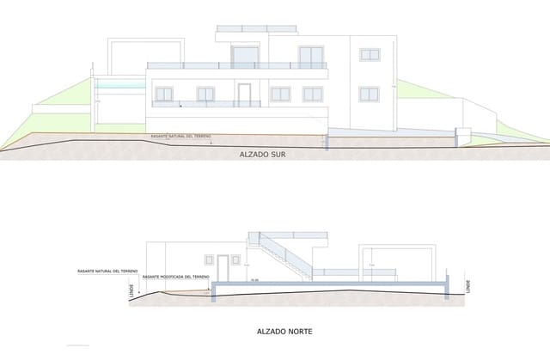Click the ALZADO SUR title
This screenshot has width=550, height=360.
click(x=262, y=156)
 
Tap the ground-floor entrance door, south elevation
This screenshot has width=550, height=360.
click(x=244, y=95)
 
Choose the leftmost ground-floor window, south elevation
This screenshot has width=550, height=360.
click(x=163, y=93)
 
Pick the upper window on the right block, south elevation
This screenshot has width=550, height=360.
click(x=370, y=55)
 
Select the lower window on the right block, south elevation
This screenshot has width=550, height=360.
click(x=370, y=93)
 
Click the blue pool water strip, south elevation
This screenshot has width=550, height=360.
click(x=119, y=84)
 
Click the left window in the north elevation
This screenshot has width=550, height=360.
click(x=209, y=259)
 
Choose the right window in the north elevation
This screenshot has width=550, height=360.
click(x=237, y=259)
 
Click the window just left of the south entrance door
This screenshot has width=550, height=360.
click(x=206, y=93)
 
